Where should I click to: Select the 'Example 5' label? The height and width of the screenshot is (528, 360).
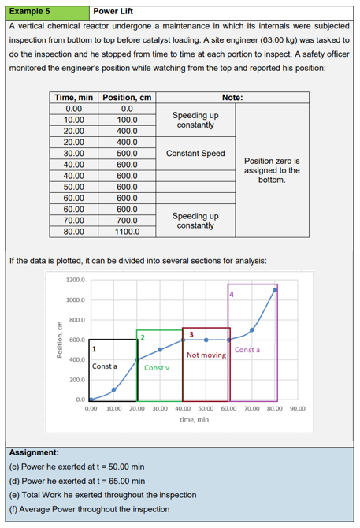pyautogui.click(x=30, y=11)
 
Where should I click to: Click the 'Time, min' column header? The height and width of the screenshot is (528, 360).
pyautogui.click(x=73, y=98)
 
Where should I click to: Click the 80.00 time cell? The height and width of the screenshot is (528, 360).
pyautogui.click(x=73, y=232)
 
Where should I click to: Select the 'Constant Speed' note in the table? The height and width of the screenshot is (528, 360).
pyautogui.click(x=195, y=154)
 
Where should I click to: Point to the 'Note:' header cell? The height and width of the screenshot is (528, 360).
pyautogui.click(x=232, y=98)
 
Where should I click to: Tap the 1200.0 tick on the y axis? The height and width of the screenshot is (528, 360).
pyautogui.click(x=76, y=281)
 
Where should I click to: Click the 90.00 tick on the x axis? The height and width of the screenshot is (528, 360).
pyautogui.click(x=297, y=408)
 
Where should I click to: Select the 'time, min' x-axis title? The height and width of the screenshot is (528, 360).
pyautogui.click(x=194, y=420)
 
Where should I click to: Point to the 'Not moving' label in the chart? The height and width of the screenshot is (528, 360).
pyautogui.click(x=206, y=355)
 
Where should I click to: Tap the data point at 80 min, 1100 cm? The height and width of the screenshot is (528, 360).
pyautogui.click(x=275, y=290)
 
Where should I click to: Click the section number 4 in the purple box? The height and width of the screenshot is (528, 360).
pyautogui.click(x=232, y=295)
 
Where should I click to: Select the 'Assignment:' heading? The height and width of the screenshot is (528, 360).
pyautogui.click(x=32, y=453)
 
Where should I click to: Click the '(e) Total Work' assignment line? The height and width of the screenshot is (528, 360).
pyautogui.click(x=102, y=495)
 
